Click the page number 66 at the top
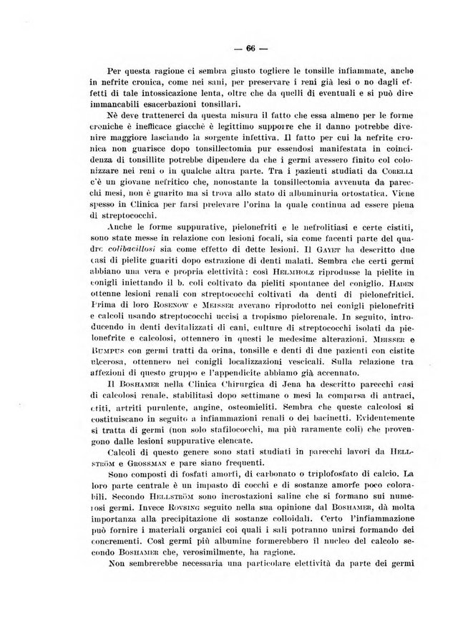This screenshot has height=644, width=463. (x=250, y=49)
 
